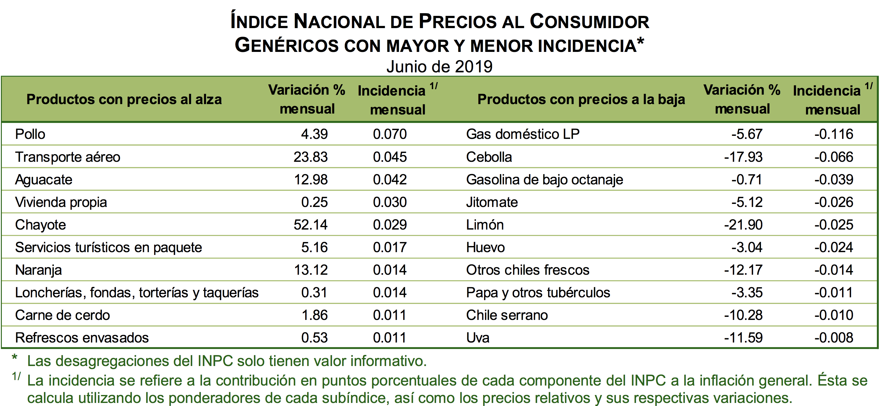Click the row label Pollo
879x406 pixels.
[x=30, y=134]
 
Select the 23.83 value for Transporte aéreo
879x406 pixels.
[x=310, y=157]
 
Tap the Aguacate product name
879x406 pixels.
[x=44, y=179]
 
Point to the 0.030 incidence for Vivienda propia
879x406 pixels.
[x=390, y=202]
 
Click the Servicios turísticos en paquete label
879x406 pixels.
[x=109, y=247]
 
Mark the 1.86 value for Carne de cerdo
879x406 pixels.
[x=314, y=315]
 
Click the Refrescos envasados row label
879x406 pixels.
[x=82, y=338]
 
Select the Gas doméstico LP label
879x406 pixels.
[x=523, y=134]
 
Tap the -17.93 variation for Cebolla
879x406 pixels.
[x=743, y=157]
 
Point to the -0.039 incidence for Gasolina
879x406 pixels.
[x=834, y=179]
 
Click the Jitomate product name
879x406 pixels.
[x=492, y=202]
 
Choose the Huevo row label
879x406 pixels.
[x=485, y=247]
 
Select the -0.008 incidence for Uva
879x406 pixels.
[x=834, y=338]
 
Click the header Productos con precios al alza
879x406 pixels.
[x=124, y=99]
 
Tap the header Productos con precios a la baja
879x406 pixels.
[x=581, y=99]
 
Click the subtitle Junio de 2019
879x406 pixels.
[x=440, y=67]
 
